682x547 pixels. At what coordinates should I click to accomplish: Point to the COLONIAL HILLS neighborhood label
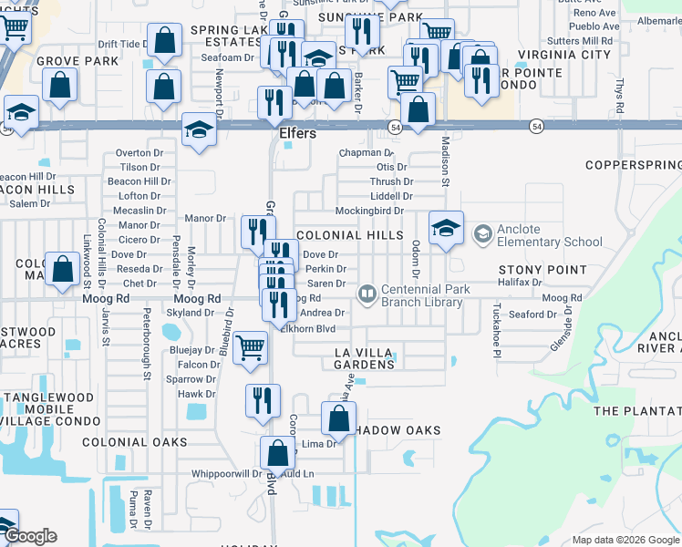point(349,235)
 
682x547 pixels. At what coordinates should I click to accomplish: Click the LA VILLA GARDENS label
point(365,357)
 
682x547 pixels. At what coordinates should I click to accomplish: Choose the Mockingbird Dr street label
point(369,211)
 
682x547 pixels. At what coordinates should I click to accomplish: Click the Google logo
point(30,536)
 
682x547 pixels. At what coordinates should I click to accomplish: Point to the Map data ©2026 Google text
point(625,540)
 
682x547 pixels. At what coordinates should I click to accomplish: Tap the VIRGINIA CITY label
point(564,55)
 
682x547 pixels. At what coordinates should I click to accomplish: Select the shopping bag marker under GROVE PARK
point(59,87)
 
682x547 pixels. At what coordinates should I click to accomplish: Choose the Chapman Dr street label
point(364,153)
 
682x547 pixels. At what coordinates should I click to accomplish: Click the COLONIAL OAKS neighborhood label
point(134,442)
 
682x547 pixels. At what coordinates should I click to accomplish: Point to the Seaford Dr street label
point(532,315)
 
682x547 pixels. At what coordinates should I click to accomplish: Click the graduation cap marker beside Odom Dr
point(446,228)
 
